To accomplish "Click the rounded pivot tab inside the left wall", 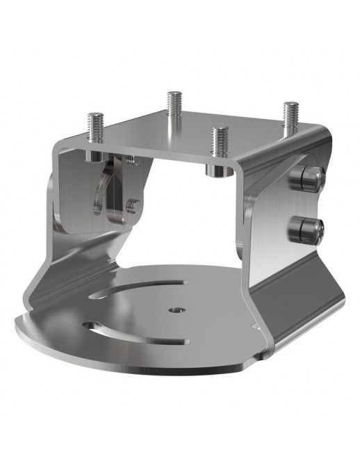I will (105, 195).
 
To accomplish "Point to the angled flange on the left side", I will (69, 264).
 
